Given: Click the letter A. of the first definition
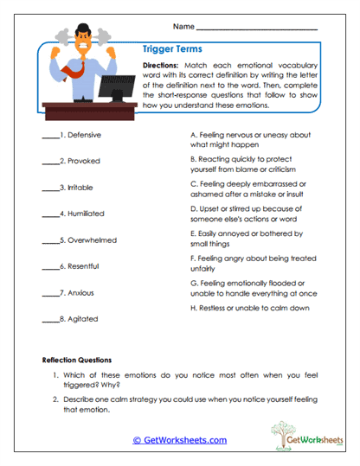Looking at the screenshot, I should tap(193, 136).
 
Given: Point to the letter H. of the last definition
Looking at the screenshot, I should tap(193, 308).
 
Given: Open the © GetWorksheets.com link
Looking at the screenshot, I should tap(180, 440).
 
